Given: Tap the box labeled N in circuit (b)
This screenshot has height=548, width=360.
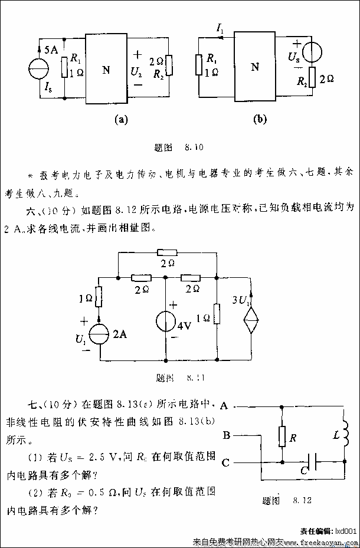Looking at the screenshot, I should point(255,67).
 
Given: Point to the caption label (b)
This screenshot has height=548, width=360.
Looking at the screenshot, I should point(260,119).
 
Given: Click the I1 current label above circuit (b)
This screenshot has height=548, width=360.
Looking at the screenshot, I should point(221,27).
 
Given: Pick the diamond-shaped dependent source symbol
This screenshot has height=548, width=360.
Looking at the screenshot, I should point(252,323).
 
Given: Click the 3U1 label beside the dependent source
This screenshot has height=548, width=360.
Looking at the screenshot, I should point(243,300).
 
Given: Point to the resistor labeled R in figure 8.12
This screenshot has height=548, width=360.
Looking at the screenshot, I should point(283,437).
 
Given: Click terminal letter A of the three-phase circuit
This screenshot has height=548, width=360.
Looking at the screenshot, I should point(224,406).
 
